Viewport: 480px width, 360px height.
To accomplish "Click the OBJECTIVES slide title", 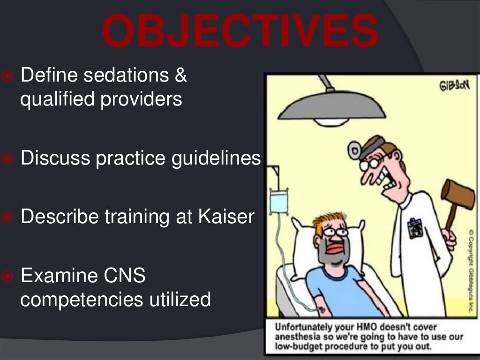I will tap(240, 32).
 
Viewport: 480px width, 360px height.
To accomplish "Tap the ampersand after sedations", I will tap(181, 75).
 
